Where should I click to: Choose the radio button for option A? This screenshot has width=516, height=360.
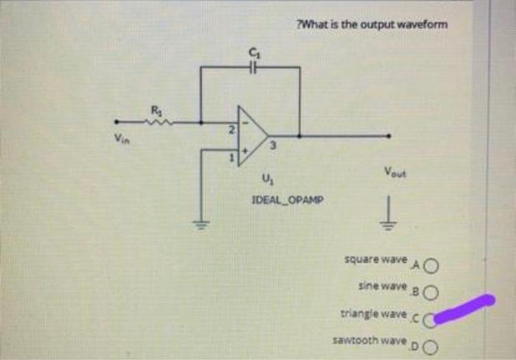point(430,265)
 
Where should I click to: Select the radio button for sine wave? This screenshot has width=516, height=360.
point(430,291)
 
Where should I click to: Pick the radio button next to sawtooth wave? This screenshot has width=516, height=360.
point(430,347)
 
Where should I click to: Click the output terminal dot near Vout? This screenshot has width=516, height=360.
point(390,136)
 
